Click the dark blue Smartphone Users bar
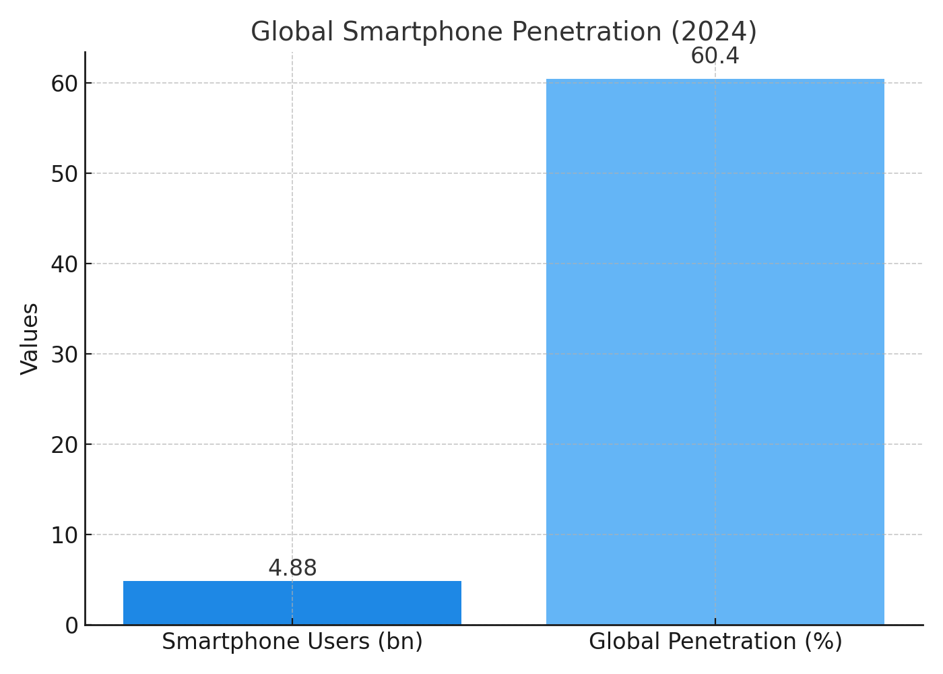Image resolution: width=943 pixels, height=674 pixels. [x=292, y=603]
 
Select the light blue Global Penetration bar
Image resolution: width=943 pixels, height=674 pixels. [x=715, y=350]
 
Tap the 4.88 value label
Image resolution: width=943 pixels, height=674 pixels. [x=292, y=568]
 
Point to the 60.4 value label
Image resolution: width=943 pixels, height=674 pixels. [x=715, y=56]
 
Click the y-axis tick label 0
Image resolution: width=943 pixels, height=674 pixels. [x=71, y=625]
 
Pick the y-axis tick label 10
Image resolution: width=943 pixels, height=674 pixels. [x=65, y=535]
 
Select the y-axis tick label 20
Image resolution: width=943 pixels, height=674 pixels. [x=65, y=445]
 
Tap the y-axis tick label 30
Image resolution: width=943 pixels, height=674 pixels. [x=65, y=355]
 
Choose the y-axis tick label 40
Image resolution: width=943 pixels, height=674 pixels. [x=65, y=264]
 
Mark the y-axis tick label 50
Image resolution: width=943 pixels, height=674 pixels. [x=65, y=174]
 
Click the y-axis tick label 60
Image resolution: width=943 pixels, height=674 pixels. [x=65, y=84]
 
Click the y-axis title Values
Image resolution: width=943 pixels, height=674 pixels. [x=30, y=338]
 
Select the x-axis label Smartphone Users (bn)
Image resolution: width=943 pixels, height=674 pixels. [x=292, y=642]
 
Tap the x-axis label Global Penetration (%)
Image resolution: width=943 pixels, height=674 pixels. [x=715, y=642]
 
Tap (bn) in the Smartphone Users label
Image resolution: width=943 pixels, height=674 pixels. [x=399, y=642]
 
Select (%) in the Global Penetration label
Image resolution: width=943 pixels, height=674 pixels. [x=826, y=642]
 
